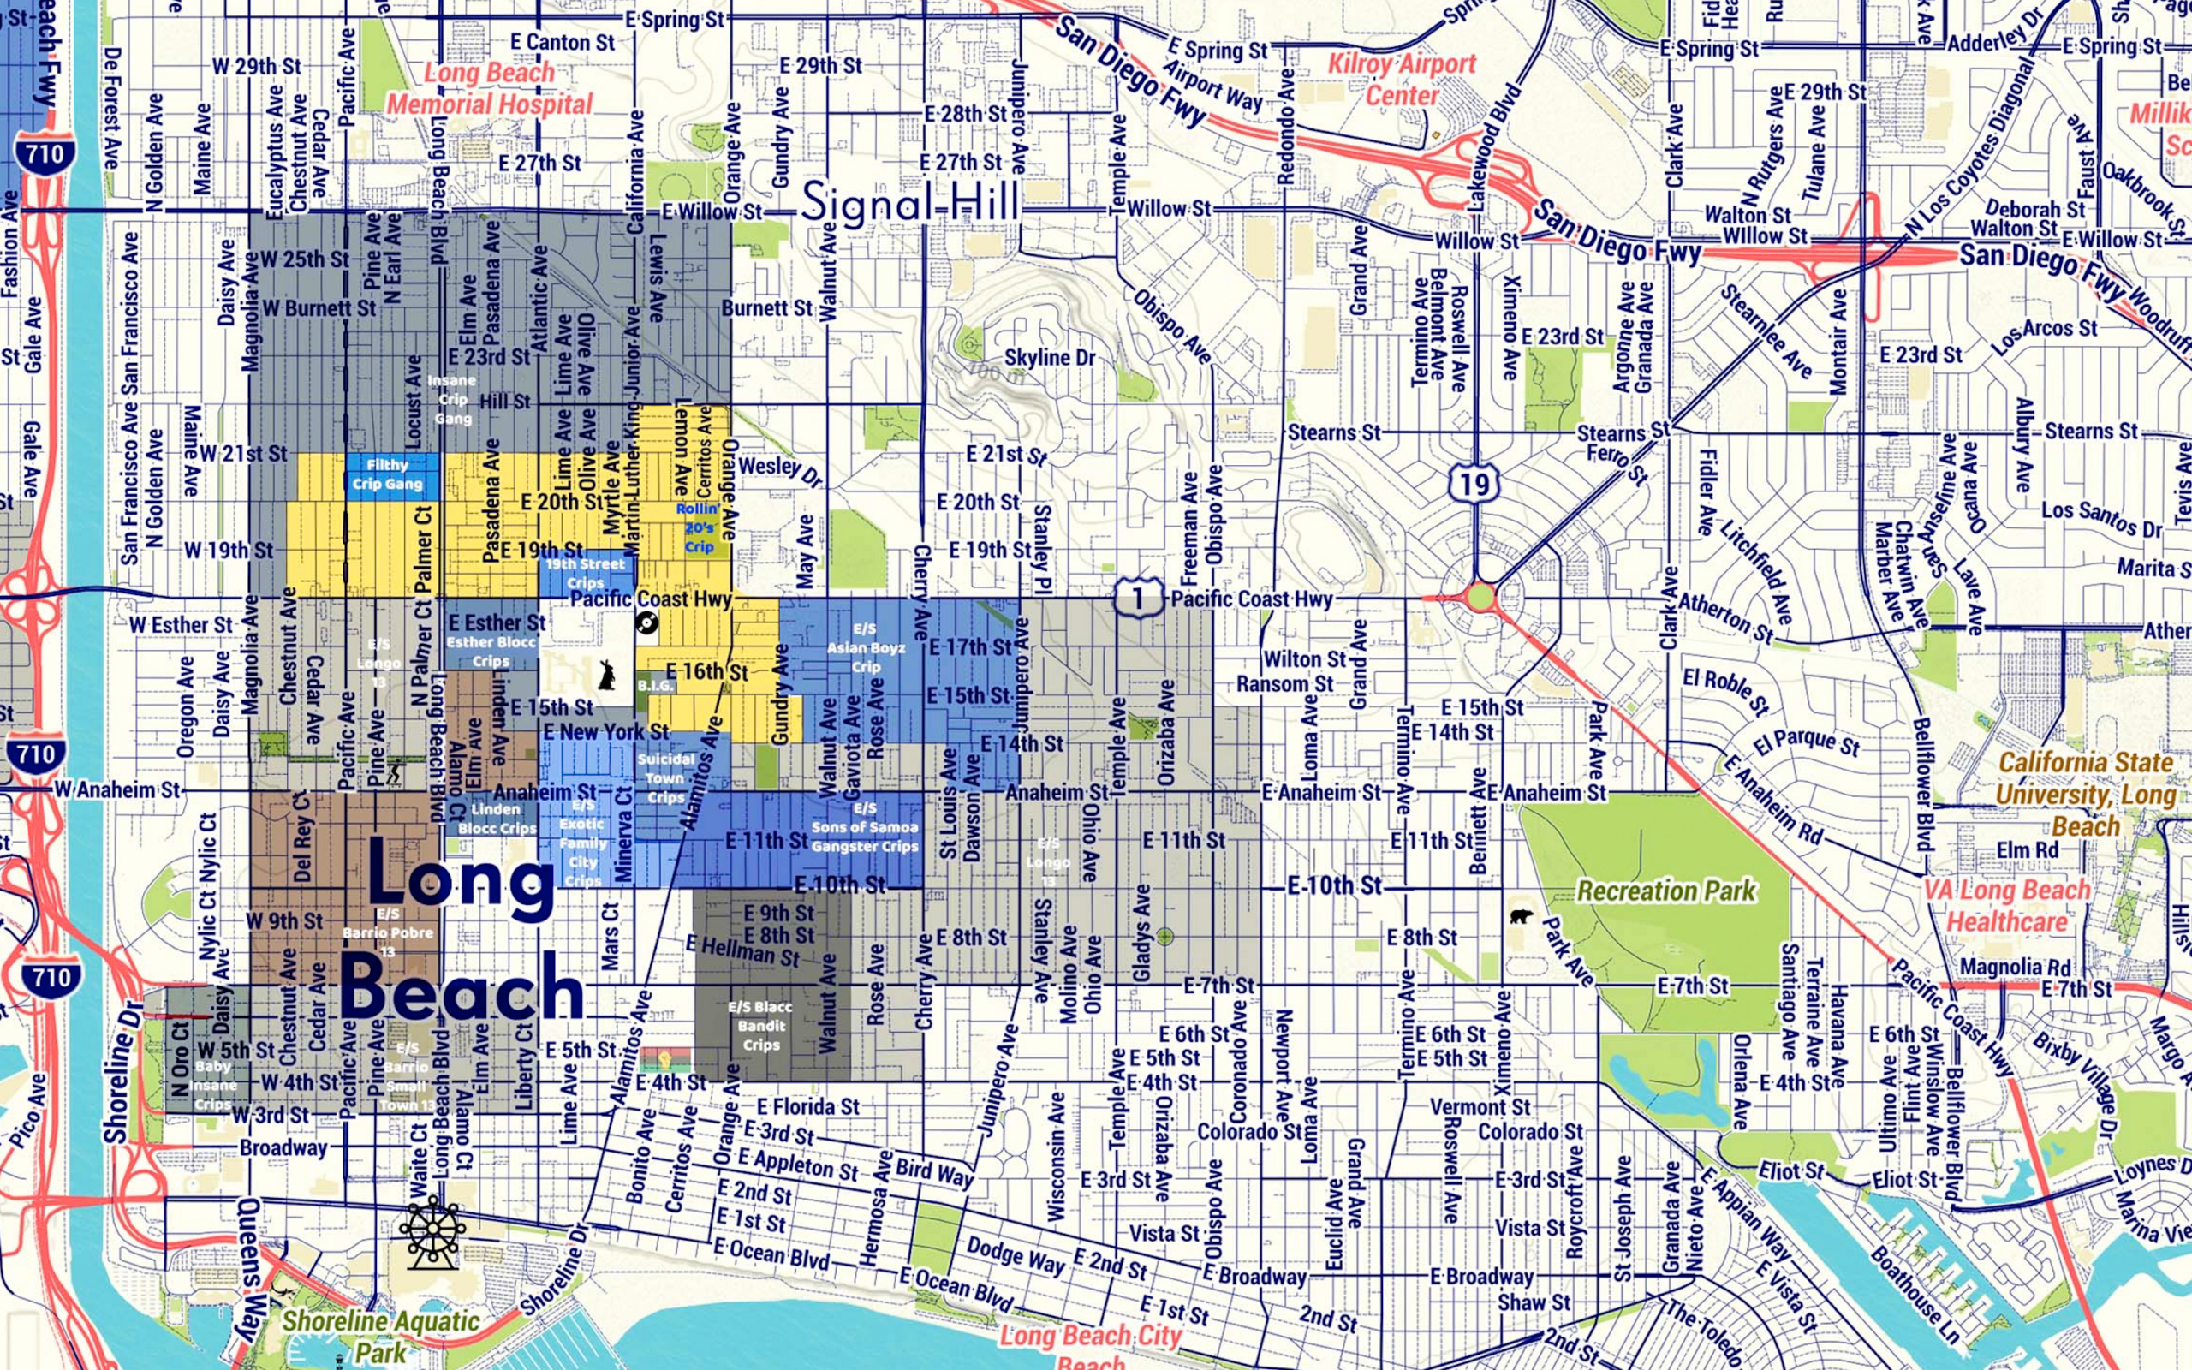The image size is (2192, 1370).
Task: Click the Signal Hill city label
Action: point(909,201)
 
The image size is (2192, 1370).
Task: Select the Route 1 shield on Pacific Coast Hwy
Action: point(1138,598)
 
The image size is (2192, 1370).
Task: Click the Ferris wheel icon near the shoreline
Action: point(432,1232)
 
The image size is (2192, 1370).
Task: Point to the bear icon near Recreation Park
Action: point(1522,916)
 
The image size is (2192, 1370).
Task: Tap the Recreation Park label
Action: point(1665,891)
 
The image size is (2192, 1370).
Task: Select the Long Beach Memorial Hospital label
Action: point(490,89)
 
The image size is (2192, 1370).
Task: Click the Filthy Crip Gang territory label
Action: point(388,474)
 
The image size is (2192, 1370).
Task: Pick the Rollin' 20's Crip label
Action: point(699,527)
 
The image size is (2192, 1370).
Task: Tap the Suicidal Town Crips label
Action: point(666,778)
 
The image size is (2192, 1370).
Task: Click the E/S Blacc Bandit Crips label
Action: point(761,1026)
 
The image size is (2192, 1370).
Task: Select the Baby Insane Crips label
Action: point(213,1085)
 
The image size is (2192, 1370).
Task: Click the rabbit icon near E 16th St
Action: point(606,675)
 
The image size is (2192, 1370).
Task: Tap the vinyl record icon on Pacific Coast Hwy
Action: point(646,622)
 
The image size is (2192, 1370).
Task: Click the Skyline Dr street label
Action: point(1050,358)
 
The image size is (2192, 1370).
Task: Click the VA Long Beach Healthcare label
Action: point(2006,906)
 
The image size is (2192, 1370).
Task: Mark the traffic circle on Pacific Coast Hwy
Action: point(1480,597)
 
